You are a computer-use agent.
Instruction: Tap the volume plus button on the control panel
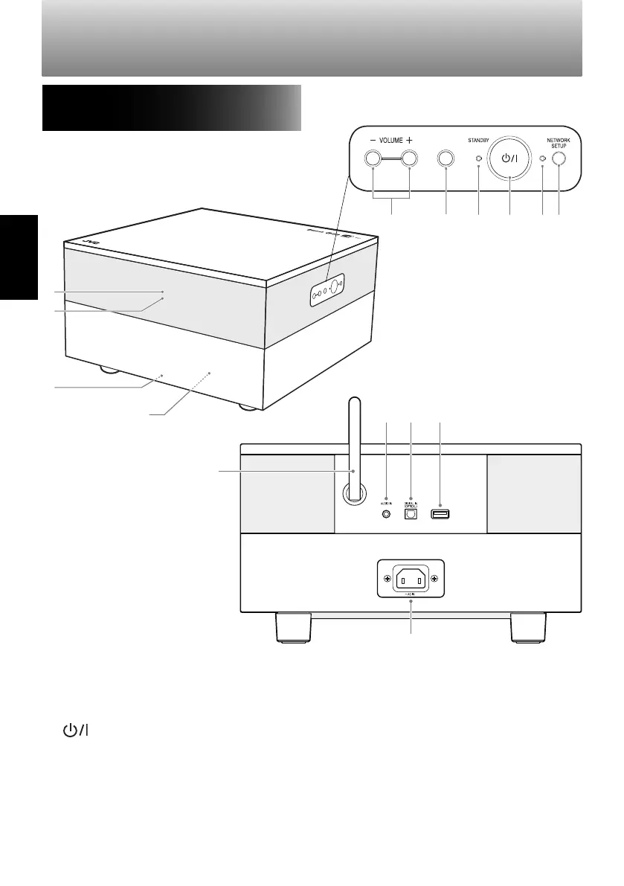pyautogui.click(x=410, y=158)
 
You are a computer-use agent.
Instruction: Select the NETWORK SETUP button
pyautogui.click(x=559, y=158)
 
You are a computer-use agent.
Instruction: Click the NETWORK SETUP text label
pyautogui.click(x=554, y=142)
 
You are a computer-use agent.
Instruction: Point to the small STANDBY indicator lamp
pyautogui.click(x=478, y=158)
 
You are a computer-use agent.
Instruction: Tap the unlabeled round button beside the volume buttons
pyautogui.click(x=446, y=158)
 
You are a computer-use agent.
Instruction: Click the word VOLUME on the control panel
pyautogui.click(x=391, y=139)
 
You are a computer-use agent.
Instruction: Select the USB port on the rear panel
pyautogui.click(x=440, y=513)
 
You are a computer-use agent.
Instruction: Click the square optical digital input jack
pyautogui.click(x=411, y=514)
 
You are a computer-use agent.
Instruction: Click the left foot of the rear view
pyautogui.click(x=293, y=626)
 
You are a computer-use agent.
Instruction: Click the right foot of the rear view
pyautogui.click(x=528, y=626)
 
